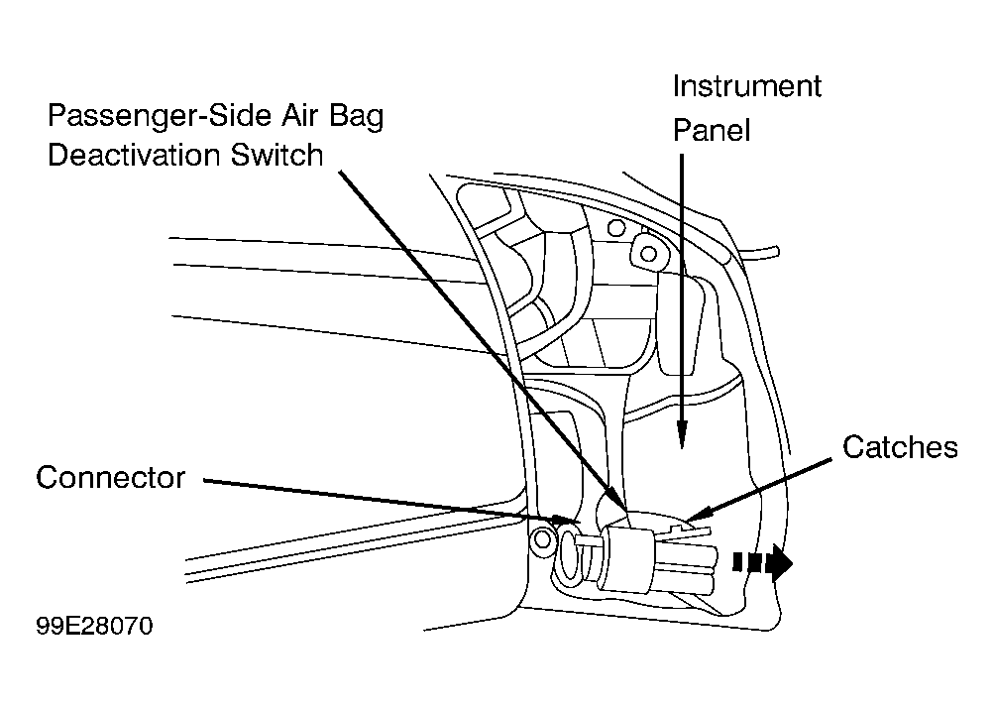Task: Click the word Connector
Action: [x=110, y=478]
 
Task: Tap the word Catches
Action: [x=900, y=447]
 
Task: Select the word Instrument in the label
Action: [x=747, y=86]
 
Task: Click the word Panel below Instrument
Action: [x=712, y=130]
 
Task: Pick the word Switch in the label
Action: [x=276, y=156]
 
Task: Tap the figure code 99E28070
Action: [x=94, y=626]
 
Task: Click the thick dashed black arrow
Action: [x=763, y=562]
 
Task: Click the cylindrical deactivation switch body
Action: [x=626, y=559]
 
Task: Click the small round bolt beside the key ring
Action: [x=542, y=539]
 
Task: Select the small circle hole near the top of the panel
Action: [x=615, y=227]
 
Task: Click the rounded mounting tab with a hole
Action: [x=646, y=253]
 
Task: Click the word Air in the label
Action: [x=300, y=116]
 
